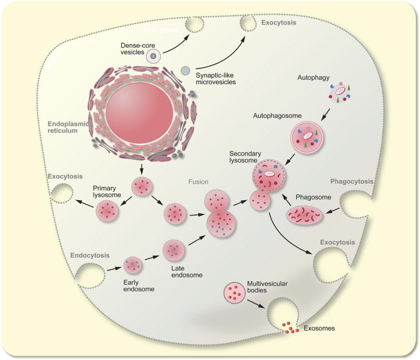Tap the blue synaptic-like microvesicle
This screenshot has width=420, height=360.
pos(185,70)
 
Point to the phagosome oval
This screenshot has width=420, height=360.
pos(304,215)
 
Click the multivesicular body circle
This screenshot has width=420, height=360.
pos(235,292)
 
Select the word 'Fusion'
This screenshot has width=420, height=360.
pos(199,182)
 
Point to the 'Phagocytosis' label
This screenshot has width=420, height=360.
pos(352,182)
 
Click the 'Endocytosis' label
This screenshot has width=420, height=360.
pos(90,255)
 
